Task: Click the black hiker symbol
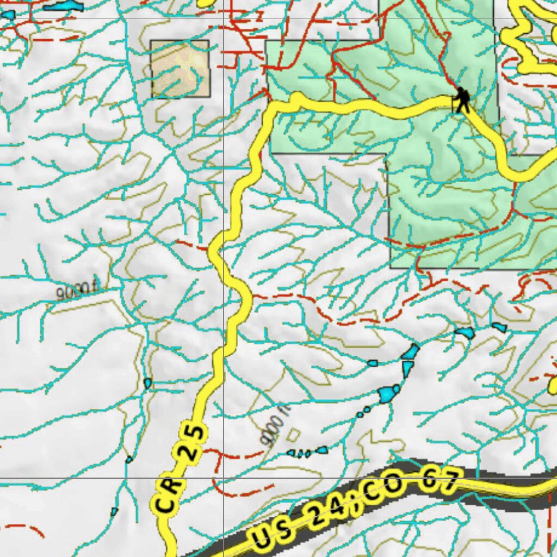click(462, 100)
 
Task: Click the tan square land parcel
click(180, 69)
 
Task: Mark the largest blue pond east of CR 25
click(389, 393)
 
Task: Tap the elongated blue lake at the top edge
click(64, 7)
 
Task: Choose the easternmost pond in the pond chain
click(499, 327)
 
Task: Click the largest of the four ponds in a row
click(322, 450)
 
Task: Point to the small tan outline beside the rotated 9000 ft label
click(293, 435)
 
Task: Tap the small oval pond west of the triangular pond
click(373, 363)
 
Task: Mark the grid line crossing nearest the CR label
click(224, 479)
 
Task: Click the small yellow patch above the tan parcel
click(206, 3)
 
